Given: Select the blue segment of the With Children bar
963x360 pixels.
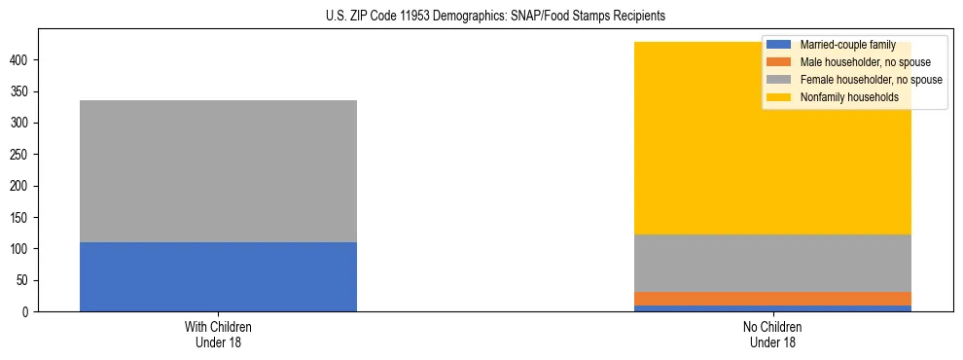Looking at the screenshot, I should coord(218,277).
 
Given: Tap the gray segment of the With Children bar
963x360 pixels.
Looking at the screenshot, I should coord(218,171).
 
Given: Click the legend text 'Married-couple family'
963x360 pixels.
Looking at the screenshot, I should coord(847,45).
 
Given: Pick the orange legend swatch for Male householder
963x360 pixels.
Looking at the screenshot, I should coord(779,62).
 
